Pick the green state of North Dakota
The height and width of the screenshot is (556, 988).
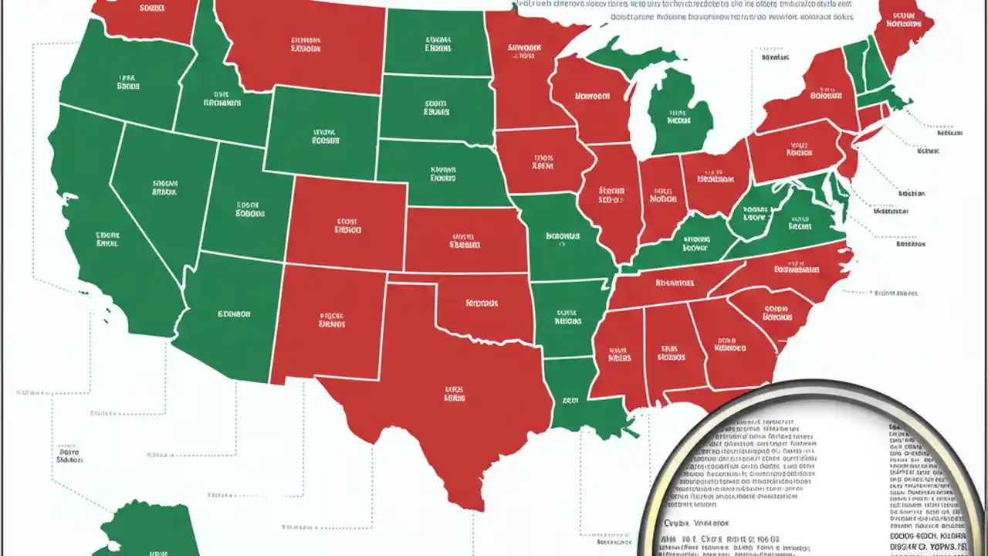coord(436,42)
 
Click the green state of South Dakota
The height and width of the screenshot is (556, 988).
coord(436,108)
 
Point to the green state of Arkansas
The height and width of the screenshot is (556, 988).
coord(567,317)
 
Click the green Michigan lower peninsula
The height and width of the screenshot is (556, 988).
coord(679,116)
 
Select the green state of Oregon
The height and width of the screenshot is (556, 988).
coord(127,81)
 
